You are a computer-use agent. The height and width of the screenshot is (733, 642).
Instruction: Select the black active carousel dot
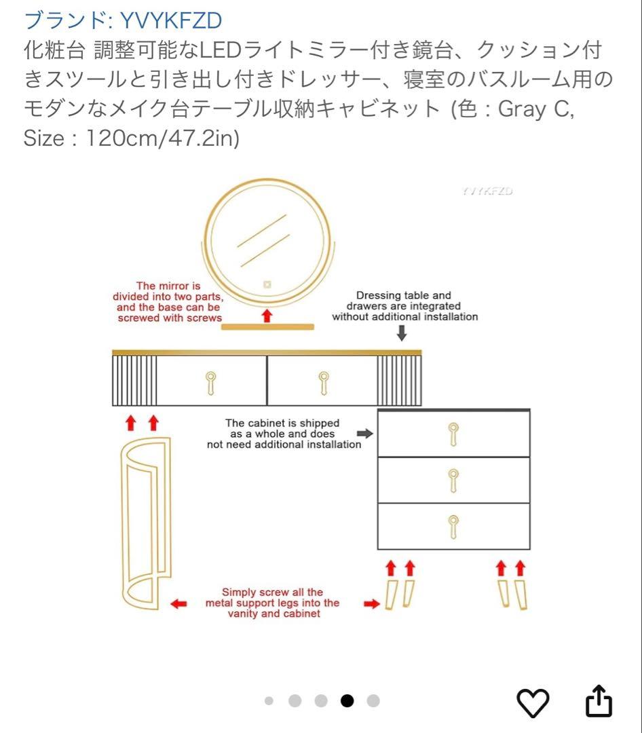click(347, 701)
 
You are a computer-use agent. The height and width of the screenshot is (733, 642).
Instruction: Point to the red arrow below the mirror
click(267, 316)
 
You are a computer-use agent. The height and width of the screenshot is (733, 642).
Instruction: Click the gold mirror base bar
click(268, 327)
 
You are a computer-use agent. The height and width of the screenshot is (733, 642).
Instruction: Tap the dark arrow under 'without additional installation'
click(402, 333)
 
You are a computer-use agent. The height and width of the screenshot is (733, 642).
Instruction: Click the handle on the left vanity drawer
click(211, 383)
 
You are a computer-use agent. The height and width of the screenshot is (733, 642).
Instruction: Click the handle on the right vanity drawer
click(324, 383)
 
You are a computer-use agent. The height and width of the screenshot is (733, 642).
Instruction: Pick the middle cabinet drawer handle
click(453, 479)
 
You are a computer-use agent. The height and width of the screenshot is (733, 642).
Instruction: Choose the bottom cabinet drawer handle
click(453, 526)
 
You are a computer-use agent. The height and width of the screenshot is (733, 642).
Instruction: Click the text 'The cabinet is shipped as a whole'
click(284, 434)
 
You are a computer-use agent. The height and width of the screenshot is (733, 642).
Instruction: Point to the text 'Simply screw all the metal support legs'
click(272, 603)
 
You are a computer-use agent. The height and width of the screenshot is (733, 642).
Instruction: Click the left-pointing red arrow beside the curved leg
click(178, 603)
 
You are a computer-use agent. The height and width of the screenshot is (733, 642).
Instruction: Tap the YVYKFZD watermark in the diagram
click(487, 191)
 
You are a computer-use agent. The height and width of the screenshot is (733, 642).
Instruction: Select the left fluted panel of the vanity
click(134, 381)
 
